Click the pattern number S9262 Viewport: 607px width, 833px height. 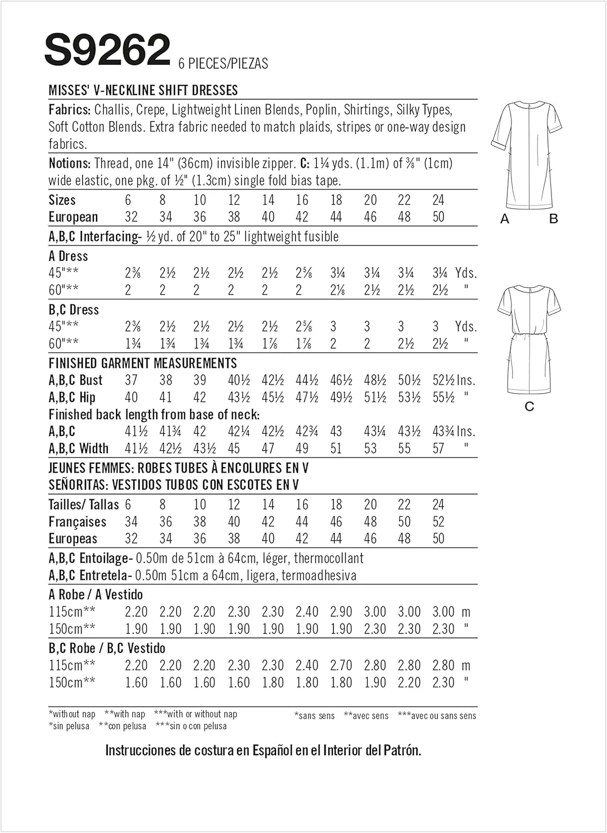(107, 50)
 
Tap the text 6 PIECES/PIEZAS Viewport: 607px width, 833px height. (223, 63)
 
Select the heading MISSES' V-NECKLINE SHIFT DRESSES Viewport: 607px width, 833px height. (143, 90)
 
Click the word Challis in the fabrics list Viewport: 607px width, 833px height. (113, 109)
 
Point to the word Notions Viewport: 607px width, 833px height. (69, 163)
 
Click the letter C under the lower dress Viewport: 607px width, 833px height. (529, 407)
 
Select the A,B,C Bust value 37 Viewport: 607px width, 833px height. (131, 380)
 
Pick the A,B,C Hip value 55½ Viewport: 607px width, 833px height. (444, 398)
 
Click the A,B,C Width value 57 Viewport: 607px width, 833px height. (439, 448)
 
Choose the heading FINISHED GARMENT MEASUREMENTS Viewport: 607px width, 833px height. (143, 363)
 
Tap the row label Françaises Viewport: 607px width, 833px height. (77, 522)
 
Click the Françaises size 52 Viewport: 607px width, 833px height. (438, 522)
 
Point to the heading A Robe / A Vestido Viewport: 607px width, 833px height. (96, 595)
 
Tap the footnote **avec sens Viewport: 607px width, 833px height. (366, 716)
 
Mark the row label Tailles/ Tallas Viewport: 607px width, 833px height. (84, 505)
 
